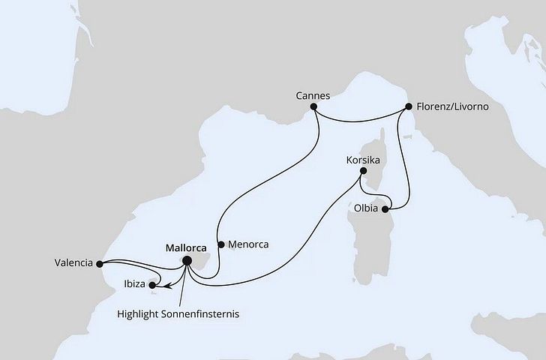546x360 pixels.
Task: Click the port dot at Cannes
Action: tap(315, 107)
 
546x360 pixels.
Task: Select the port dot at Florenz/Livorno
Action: tap(409, 107)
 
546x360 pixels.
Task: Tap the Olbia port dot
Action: tap(385, 209)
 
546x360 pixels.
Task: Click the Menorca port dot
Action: tap(220, 244)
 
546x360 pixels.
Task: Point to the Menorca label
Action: tap(248, 244)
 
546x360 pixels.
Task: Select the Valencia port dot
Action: tap(100, 263)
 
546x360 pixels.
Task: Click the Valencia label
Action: tap(73, 263)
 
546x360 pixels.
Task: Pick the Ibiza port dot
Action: tap(152, 285)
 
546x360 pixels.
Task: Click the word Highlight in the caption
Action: tap(141, 314)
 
